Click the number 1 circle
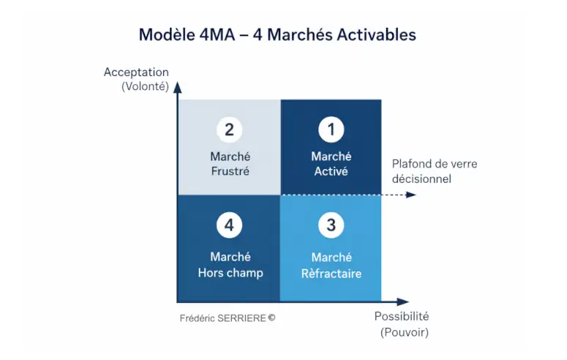tap(331, 130)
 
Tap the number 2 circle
tap(229, 130)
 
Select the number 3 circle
tap(331, 225)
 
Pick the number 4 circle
tap(229, 225)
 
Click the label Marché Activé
tap(331, 164)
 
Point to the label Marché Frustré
tap(230, 164)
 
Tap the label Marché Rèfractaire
tap(331, 266)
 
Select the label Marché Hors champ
tap(230, 265)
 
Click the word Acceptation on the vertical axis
tap(136, 72)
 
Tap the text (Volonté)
tap(145, 86)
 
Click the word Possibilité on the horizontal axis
tap(401, 317)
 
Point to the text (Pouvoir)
tap(404, 332)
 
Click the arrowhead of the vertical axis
tap(177, 87)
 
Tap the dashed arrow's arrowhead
tap(411, 195)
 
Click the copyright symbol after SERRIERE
tap(271, 318)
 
